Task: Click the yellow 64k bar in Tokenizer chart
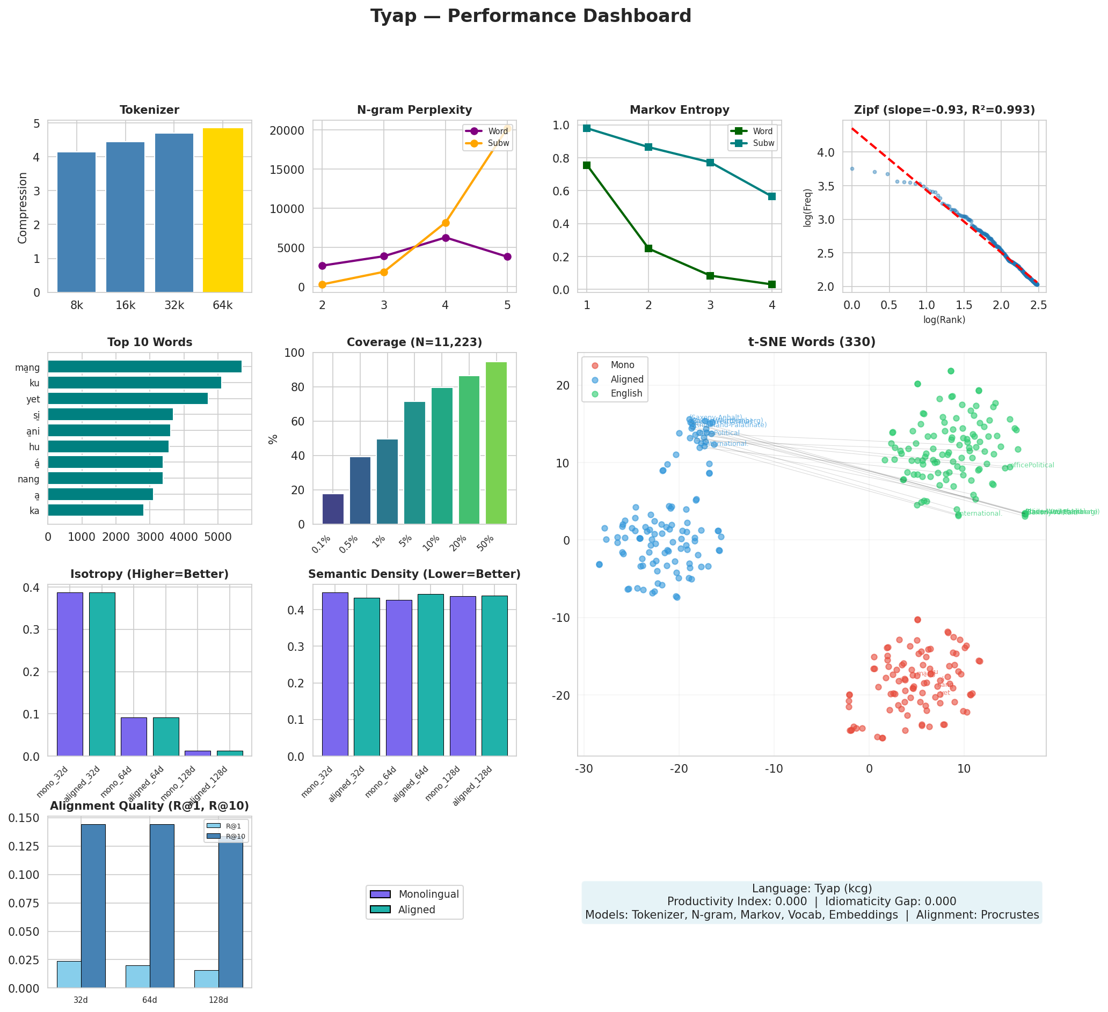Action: coord(223,210)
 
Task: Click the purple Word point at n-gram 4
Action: coord(445,238)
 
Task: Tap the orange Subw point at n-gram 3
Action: coord(384,272)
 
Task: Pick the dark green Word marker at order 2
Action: coord(648,248)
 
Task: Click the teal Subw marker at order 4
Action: coord(771,196)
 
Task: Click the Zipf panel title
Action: coord(944,111)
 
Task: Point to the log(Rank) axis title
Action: coord(944,320)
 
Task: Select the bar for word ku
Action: coord(135,383)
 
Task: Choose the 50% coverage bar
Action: coord(496,443)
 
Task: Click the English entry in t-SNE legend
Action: coord(626,393)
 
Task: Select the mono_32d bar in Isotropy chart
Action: coord(70,674)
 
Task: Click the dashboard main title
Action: coord(530,17)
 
